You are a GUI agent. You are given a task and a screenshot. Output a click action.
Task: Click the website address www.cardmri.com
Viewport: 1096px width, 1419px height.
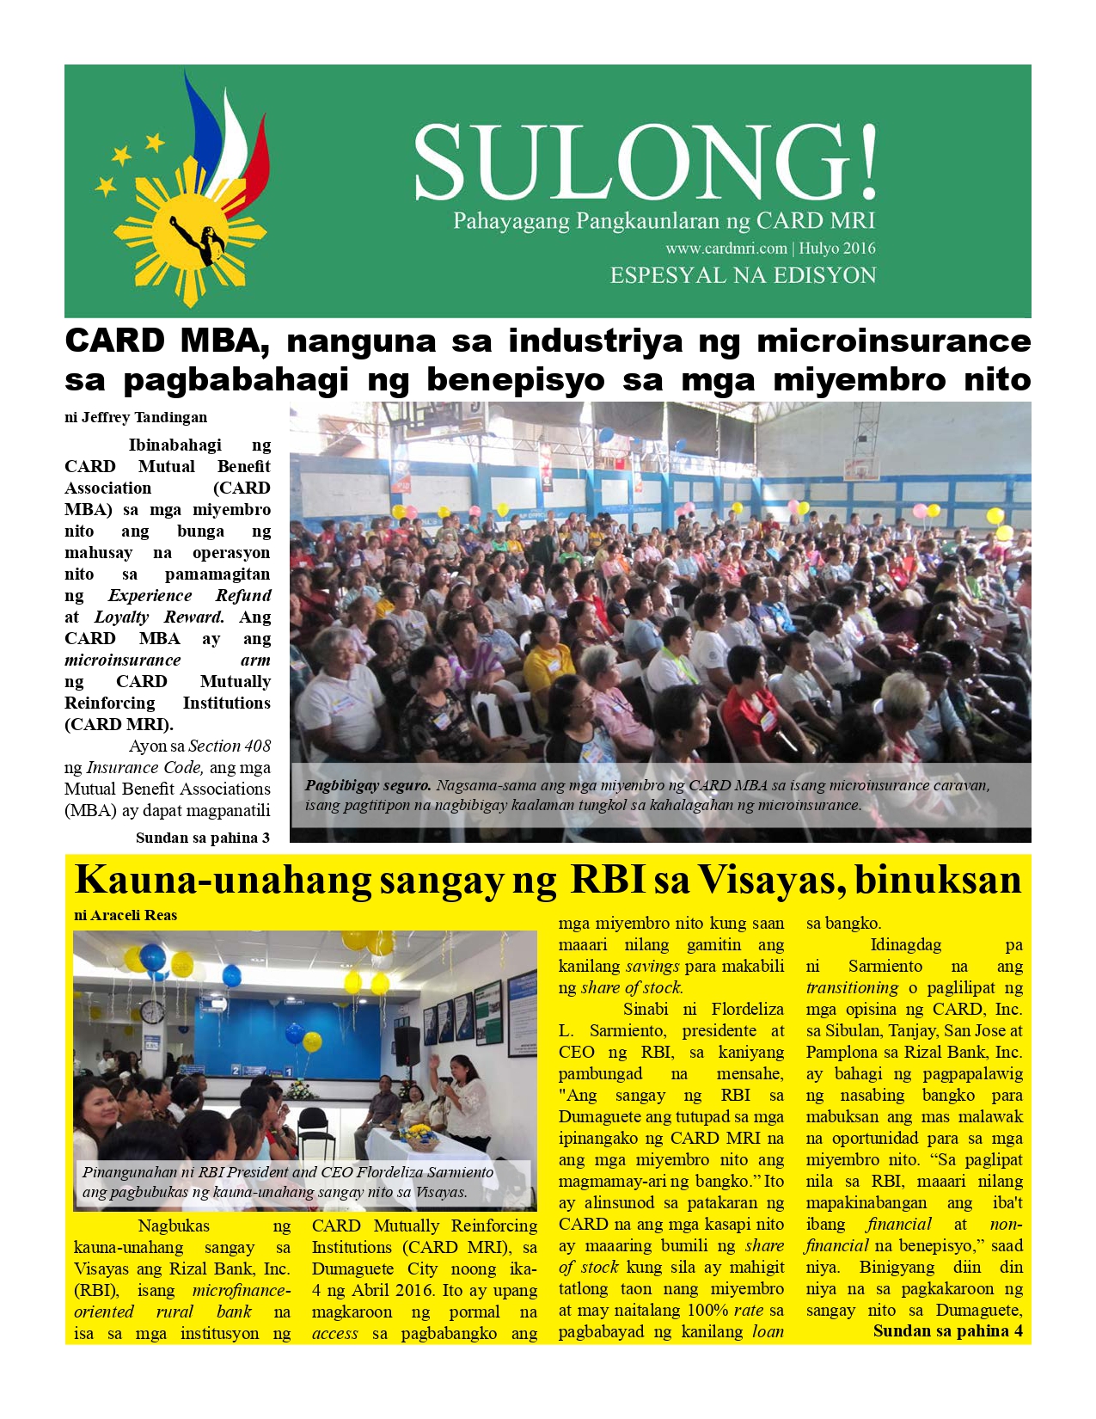pos(726,249)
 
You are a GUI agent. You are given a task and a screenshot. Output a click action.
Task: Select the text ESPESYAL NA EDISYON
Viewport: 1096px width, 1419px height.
pos(743,276)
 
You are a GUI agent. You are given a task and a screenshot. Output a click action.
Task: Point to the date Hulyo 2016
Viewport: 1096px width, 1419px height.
pos(837,249)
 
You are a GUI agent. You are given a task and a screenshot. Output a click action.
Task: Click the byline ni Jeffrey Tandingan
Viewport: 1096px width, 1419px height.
pos(136,418)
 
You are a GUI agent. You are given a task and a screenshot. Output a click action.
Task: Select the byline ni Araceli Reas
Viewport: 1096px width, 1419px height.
pos(126,915)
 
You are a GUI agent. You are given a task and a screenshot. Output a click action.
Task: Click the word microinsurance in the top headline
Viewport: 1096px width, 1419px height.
pos(893,341)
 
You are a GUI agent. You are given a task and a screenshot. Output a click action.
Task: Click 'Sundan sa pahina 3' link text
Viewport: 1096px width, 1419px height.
pos(203,838)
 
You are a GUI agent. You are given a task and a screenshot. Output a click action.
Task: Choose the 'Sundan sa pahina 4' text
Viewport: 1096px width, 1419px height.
pos(947,1330)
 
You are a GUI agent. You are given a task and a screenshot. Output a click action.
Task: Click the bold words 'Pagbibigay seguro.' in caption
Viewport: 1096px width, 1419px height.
pos(368,785)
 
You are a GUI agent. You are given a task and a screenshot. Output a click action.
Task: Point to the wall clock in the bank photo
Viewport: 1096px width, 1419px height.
pos(152,1012)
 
